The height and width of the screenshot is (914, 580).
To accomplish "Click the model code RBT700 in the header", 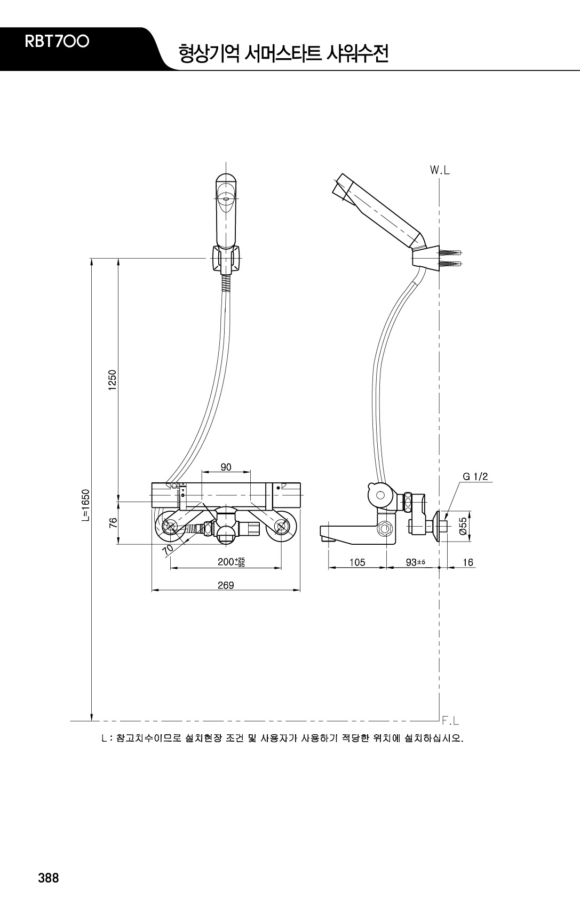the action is [x=57, y=42].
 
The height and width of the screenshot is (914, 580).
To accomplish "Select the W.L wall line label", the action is [x=440, y=171].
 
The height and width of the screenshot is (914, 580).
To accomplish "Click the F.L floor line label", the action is [x=450, y=721].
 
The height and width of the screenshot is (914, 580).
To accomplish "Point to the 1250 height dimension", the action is [x=113, y=380].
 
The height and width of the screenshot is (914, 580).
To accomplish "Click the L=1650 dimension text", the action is [x=86, y=505].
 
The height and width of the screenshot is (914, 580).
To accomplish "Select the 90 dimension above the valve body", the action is [x=226, y=467].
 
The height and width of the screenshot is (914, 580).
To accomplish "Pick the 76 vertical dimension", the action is [x=113, y=523].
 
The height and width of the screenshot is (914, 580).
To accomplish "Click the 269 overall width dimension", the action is [x=226, y=585].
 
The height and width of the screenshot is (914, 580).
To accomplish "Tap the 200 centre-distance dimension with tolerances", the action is [x=231, y=562].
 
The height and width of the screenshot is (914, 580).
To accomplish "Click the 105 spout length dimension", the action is [x=357, y=562].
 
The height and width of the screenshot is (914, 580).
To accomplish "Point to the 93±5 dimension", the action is [x=416, y=562].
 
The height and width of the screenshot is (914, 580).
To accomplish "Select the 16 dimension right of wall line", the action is [x=468, y=562].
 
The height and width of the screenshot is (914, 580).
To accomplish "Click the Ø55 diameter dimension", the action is [x=463, y=527].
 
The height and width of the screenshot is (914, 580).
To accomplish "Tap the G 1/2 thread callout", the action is [x=475, y=476].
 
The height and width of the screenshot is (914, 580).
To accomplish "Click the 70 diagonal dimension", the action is [x=168, y=550].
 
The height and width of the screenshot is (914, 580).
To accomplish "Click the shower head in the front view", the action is [x=225, y=210].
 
